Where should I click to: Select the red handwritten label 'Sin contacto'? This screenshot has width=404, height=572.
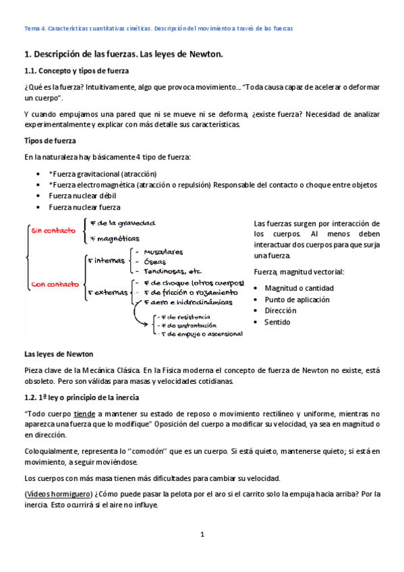(x=51, y=231)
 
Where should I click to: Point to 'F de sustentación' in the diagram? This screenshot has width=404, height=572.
(x=183, y=324)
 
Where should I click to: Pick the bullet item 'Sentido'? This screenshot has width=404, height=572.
(x=277, y=322)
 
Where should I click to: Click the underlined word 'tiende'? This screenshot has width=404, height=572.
(x=84, y=413)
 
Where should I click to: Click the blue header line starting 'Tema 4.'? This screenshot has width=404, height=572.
(x=158, y=28)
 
